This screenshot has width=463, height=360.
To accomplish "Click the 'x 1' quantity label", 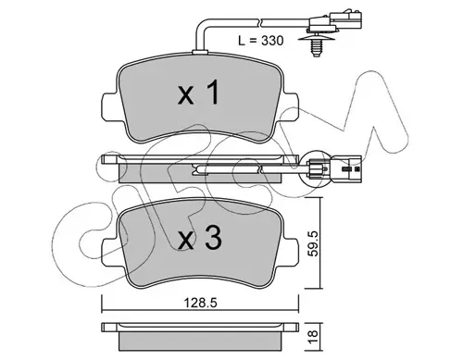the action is (x=199, y=92).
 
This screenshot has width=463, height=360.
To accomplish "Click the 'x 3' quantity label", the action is (x=200, y=237).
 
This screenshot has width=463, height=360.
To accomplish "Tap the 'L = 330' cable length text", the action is (x=261, y=41).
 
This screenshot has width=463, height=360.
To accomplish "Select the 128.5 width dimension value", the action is (x=201, y=303).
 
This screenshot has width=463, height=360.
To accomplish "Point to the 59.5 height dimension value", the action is (x=314, y=243).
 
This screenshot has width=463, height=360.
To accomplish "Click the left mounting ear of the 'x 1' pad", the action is (x=109, y=106).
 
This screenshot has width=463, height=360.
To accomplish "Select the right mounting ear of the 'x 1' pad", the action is (x=291, y=106).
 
